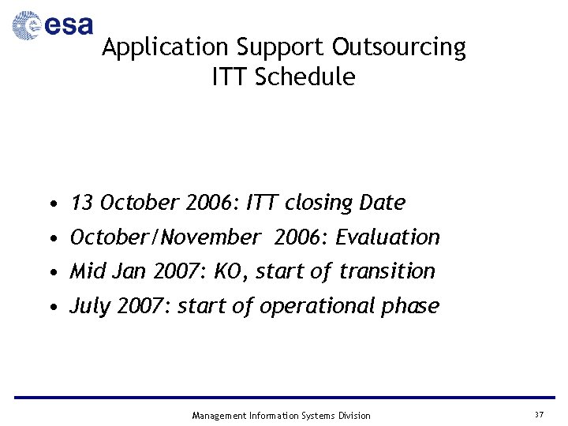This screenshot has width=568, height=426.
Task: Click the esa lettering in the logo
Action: pos(69,27)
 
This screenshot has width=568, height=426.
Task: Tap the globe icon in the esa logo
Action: pos(27,26)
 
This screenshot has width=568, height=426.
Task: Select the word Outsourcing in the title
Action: pos(399,48)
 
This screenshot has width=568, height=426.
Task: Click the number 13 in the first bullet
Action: pos(81,203)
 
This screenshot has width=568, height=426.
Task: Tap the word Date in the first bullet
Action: pos(382,203)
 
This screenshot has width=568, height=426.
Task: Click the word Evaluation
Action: pos(387,237)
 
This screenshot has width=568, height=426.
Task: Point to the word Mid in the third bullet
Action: pos(87,271)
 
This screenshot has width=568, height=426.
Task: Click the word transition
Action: pos(387,271)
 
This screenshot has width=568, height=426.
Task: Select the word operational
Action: pos(312,306)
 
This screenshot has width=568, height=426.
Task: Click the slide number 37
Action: pos(539,415)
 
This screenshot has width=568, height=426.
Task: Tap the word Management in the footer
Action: pos(219,416)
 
